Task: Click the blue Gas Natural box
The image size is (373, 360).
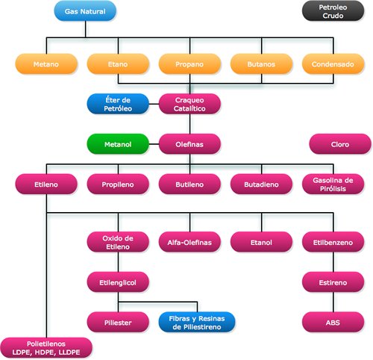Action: pyautogui.click(x=85, y=11)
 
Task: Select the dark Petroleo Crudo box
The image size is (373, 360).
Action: pyautogui.click(x=333, y=11)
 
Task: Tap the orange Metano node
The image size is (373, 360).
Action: pyautogui.click(x=46, y=64)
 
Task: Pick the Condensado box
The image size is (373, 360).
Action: pyautogui.click(x=333, y=64)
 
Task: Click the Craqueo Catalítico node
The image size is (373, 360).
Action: pyautogui.click(x=189, y=104)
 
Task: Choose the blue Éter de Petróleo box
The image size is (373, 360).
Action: pyautogui.click(x=118, y=104)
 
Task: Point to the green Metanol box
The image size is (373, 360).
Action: pyautogui.click(x=118, y=144)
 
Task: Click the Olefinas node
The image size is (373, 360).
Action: pyautogui.click(x=189, y=144)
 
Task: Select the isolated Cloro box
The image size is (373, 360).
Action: pyautogui.click(x=340, y=144)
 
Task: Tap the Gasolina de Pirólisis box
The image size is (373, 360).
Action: pyautogui.click(x=333, y=184)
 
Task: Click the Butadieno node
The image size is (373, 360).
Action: pyautogui.click(x=261, y=184)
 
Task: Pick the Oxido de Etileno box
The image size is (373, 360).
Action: pyautogui.click(x=118, y=242)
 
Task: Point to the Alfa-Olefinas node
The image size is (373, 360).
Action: pyautogui.click(x=189, y=242)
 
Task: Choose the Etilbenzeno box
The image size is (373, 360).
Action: pyautogui.click(x=333, y=242)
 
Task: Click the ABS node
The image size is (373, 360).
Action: pyautogui.click(x=333, y=323)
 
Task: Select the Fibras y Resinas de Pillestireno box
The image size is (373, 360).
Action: pyautogui.click(x=197, y=323)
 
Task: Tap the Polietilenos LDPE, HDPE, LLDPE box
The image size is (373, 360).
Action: pyautogui.click(x=46, y=348)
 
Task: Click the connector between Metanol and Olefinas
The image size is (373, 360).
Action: pyautogui.click(x=154, y=144)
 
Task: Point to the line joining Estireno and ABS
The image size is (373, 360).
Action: pyautogui.click(x=333, y=302)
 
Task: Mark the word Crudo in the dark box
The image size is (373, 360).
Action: pyautogui.click(x=333, y=16)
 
